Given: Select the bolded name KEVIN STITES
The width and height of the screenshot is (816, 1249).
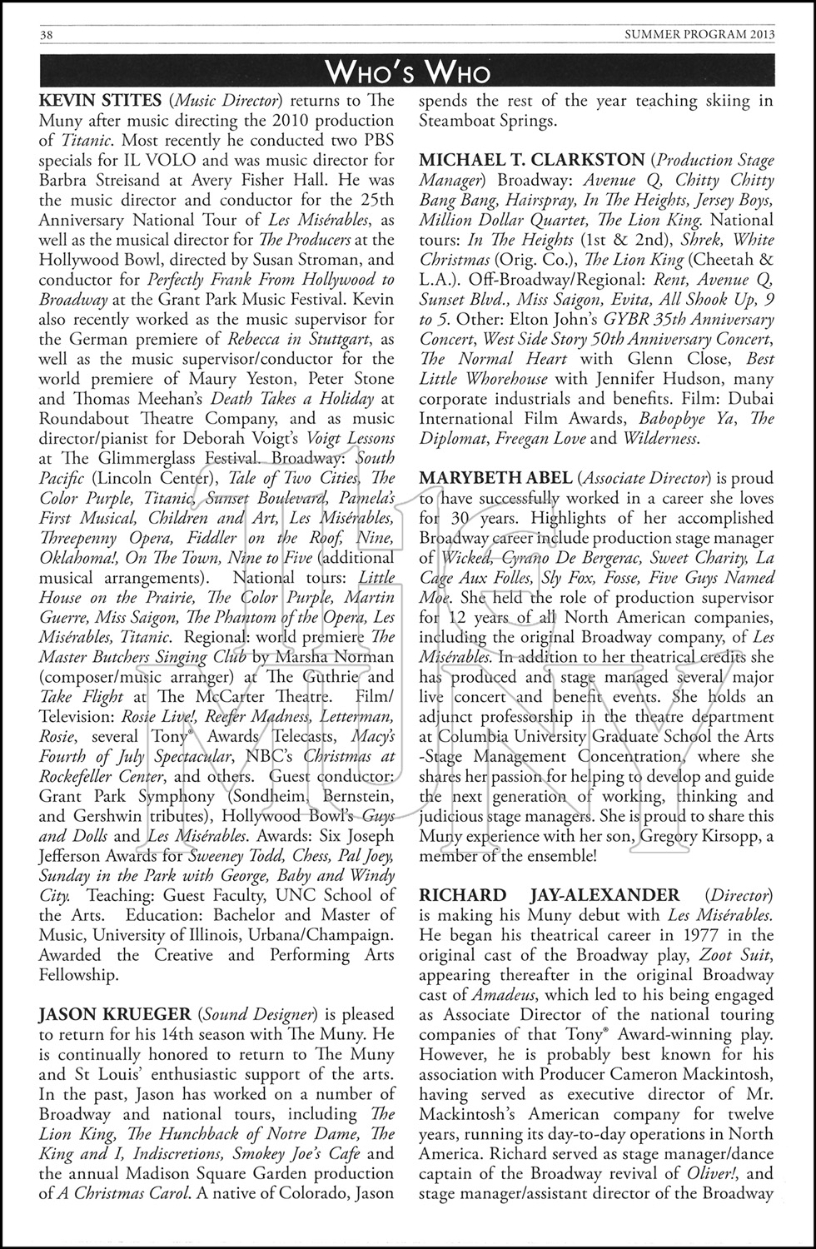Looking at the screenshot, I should click(x=100, y=101).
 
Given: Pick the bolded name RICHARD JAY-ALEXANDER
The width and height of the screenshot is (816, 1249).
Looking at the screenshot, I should click(x=550, y=895).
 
